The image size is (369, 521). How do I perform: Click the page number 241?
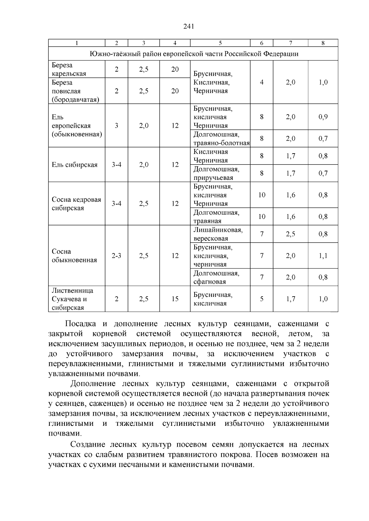pos(188,27)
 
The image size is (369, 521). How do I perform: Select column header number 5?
pos(220,43)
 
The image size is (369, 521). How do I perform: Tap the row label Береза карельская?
pos(69,69)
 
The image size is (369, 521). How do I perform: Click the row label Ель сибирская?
pos(75,165)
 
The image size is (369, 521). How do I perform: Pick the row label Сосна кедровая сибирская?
pos(76,204)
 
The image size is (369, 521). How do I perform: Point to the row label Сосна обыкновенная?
pos(74,256)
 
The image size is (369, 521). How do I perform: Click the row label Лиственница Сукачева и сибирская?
pos(73,299)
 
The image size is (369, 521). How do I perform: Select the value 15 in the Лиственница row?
pos(175,299)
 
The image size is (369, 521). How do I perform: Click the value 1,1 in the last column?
pos(323,256)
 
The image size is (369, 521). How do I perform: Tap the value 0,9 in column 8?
pos(323,117)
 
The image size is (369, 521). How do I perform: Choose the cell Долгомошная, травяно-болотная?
pos(221,139)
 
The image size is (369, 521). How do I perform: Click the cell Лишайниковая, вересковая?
pos(218,234)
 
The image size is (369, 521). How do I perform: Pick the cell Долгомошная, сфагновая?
pos(216,278)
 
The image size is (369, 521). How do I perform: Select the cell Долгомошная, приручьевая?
pos(216,173)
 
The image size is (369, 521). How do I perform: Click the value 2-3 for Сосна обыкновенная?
pos(116,256)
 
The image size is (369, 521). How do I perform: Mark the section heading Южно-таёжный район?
pos(194,54)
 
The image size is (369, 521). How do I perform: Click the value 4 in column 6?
pos(262,82)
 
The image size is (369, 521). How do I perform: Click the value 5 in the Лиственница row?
pos(262,299)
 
